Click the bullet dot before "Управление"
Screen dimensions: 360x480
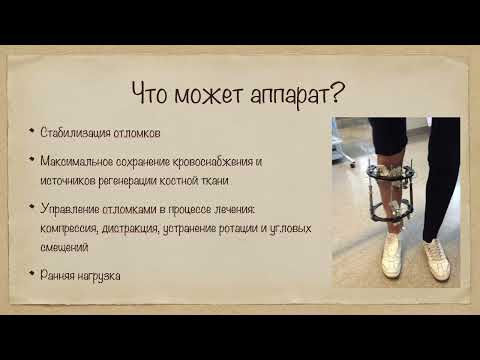pos(32,208)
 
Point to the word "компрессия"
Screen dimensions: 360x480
pos(66,227)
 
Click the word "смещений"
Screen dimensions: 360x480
pos(63,246)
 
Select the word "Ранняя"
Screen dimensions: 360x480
pos(55,274)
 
